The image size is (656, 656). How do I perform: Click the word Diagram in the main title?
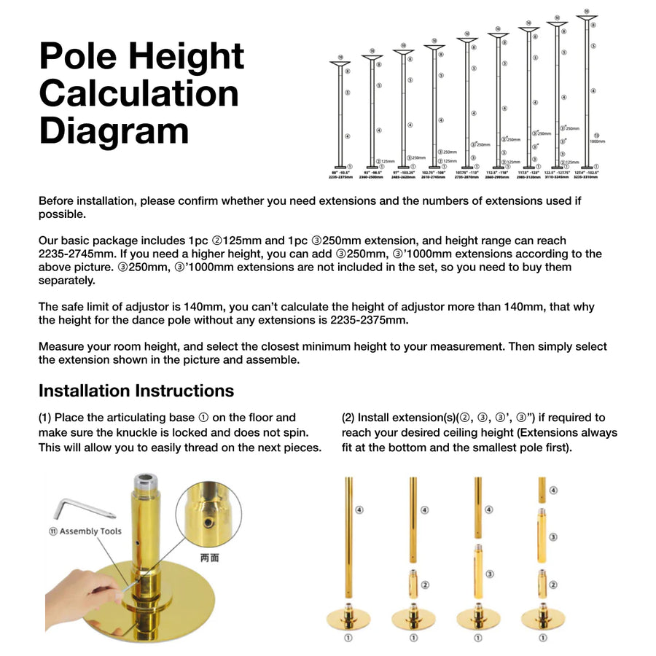[114, 132]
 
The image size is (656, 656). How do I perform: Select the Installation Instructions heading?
[136, 391]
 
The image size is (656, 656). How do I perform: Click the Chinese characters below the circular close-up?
[209, 558]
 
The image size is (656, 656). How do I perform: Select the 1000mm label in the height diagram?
[598, 141]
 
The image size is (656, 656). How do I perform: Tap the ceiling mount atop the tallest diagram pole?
[587, 18]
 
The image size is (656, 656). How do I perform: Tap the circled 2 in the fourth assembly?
[554, 585]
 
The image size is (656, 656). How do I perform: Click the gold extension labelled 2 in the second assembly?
[413, 584]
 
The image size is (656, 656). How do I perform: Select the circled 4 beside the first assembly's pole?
[359, 510]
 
